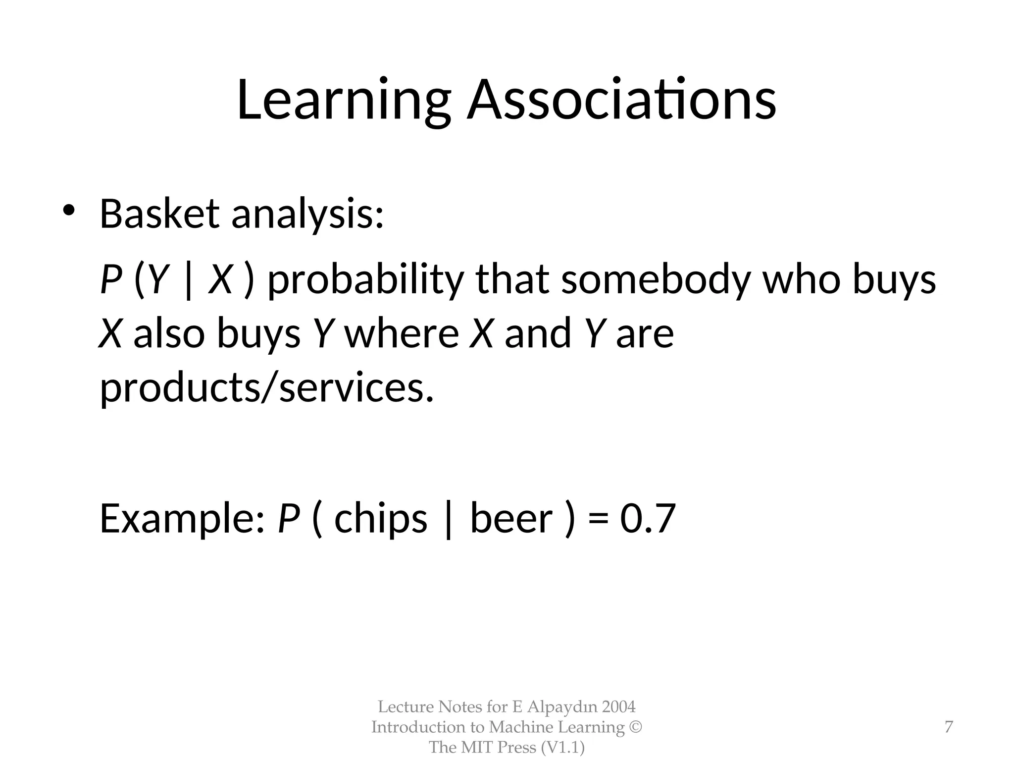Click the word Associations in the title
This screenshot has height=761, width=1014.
click(x=621, y=101)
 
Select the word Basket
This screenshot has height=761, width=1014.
click(x=159, y=214)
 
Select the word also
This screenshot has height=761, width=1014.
click(x=169, y=333)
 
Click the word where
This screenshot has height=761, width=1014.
click(x=402, y=333)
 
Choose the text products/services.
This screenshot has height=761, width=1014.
click(x=267, y=388)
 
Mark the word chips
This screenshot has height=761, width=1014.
click(x=381, y=519)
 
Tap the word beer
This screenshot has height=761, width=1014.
click(x=511, y=519)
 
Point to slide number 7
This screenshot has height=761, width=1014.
click(x=949, y=727)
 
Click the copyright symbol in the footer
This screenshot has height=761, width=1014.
click(x=635, y=727)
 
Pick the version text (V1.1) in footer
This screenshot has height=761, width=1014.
click(x=562, y=747)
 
